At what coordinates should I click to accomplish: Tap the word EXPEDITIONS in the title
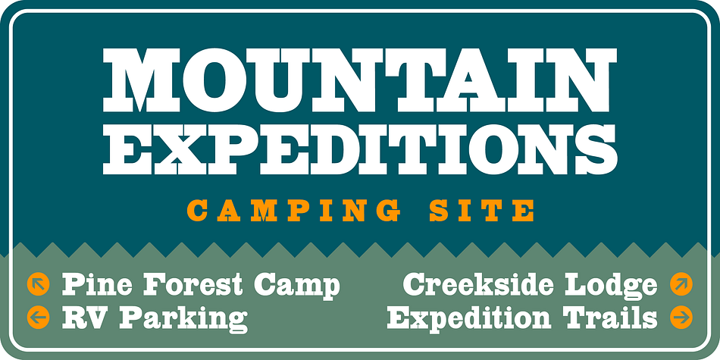(x=360, y=149)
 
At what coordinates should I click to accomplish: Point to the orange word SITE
(x=482, y=211)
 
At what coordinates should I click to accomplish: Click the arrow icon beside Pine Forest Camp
(x=38, y=283)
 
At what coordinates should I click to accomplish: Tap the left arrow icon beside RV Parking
(x=38, y=318)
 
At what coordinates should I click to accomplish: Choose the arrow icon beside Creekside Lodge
(x=681, y=283)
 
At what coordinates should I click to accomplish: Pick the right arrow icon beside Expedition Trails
(x=681, y=318)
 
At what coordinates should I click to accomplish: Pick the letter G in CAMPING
(x=388, y=211)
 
